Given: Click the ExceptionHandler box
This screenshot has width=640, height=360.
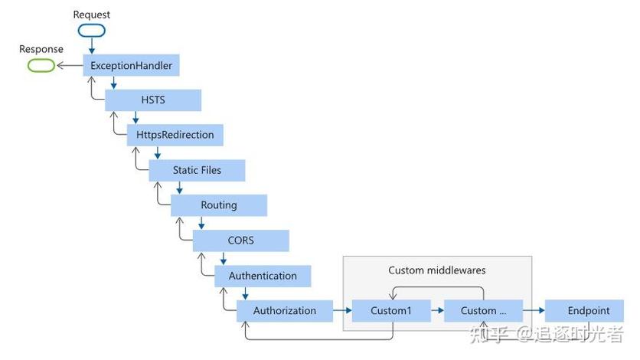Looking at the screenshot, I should point(131,66).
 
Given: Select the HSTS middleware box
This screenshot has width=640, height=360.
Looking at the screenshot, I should point(153,100).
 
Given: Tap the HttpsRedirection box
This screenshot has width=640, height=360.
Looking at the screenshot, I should point(175,135).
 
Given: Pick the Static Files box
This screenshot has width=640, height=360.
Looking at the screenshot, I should point(197,170).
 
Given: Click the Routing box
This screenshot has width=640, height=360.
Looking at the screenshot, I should point(219,205).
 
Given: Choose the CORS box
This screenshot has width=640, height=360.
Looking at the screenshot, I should point(240,241).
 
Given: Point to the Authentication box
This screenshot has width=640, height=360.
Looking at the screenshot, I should point(263,276).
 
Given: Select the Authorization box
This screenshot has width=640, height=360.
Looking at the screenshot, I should point(285,311).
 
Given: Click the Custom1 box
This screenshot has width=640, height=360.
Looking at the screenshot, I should point(391,311).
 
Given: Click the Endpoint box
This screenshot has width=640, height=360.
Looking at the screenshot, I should point(589,311).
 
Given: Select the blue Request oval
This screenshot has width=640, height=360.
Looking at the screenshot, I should point(91,31).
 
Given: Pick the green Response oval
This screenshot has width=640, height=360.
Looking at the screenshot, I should point(41,66).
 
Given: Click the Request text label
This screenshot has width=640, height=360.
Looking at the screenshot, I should point(92,15).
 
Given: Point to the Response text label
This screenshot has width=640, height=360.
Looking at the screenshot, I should point(41,49).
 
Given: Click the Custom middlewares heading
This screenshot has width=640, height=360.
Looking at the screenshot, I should point(437,270).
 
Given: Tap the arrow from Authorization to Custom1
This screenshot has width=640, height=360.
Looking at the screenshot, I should point(343,311).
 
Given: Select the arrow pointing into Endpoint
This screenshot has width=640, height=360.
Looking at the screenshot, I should point(534,311).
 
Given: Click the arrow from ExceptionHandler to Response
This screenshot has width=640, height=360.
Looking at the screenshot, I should point(69,66).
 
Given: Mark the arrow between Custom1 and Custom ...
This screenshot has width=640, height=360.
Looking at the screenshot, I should point(433,311).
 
